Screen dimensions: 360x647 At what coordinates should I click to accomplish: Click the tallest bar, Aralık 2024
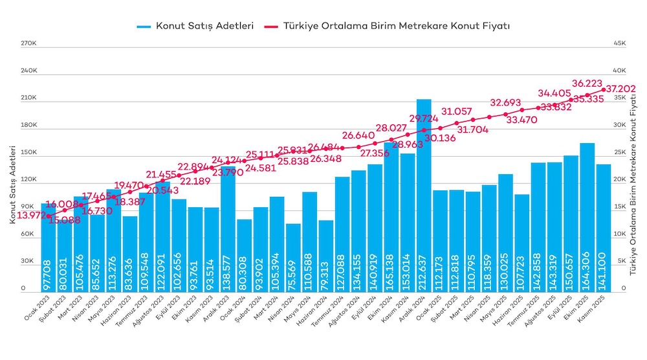pyautogui.click(x=424, y=194)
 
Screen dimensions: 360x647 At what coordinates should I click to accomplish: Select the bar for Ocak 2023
pyautogui.click(x=49, y=246)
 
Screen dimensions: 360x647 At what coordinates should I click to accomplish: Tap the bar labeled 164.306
pyautogui.click(x=587, y=214)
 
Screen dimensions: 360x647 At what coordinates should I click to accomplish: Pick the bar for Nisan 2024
pyautogui.click(x=294, y=259)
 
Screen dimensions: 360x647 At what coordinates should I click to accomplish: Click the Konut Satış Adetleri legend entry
pyautogui.click(x=195, y=26)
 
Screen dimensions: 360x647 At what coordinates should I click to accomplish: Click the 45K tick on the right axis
pyautogui.click(x=619, y=43)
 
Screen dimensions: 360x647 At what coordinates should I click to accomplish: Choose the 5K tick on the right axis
pyautogui.click(x=619, y=262)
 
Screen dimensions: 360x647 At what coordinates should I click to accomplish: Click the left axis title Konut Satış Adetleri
pyautogui.click(x=12, y=185)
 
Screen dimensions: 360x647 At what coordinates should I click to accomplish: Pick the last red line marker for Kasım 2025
pyautogui.click(x=604, y=89)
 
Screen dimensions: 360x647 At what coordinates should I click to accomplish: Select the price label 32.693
pyautogui.click(x=505, y=102)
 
